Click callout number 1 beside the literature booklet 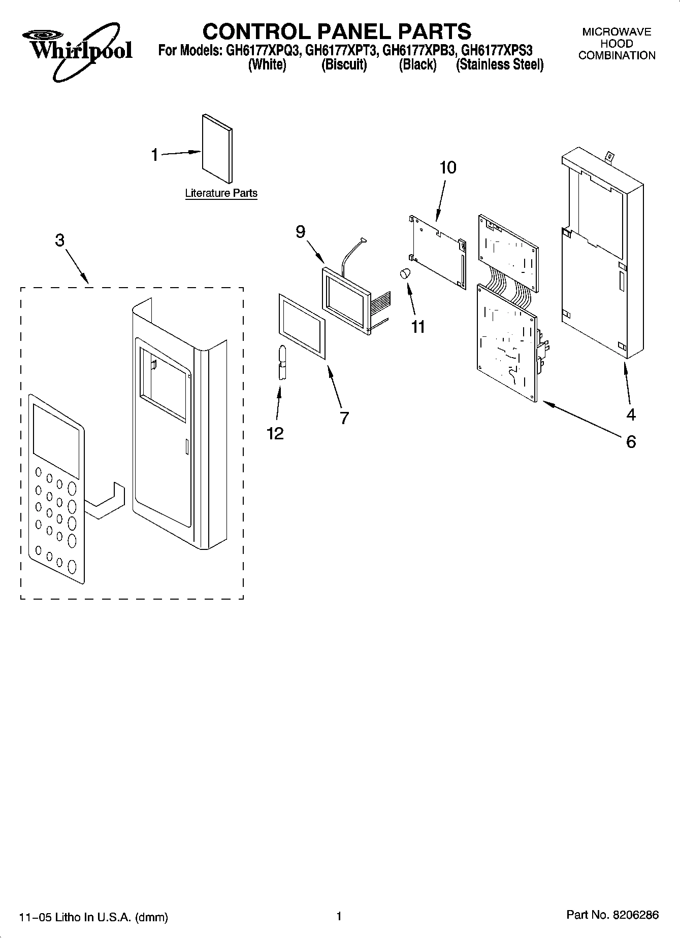coord(155,155)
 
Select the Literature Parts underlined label coord(221,193)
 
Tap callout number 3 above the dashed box coord(60,240)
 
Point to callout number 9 coord(301,232)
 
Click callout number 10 coord(448,167)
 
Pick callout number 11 coord(418,327)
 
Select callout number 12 coord(275,433)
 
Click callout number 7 coord(344,418)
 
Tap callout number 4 coord(631,415)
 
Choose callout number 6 coord(631,442)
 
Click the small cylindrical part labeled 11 coord(405,273)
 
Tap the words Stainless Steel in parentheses coord(500,65)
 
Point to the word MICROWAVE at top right coord(617,32)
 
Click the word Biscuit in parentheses coord(344,65)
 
